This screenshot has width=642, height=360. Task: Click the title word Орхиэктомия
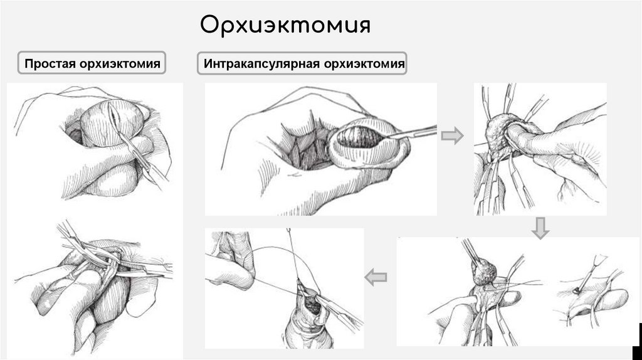(x=285, y=25)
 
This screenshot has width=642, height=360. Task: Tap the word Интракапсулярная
(x=262, y=65)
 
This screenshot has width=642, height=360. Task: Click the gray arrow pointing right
(x=453, y=135)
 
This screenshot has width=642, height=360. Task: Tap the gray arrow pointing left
(x=376, y=277)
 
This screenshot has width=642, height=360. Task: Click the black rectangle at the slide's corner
(x=637, y=341)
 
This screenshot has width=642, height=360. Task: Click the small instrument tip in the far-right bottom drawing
(x=576, y=291)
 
